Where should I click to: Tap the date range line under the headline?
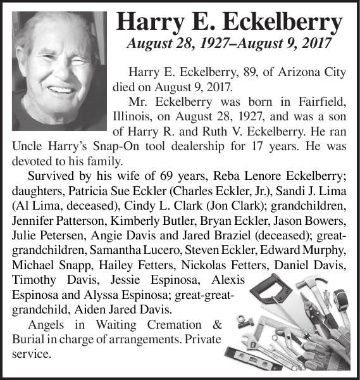(230, 45)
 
